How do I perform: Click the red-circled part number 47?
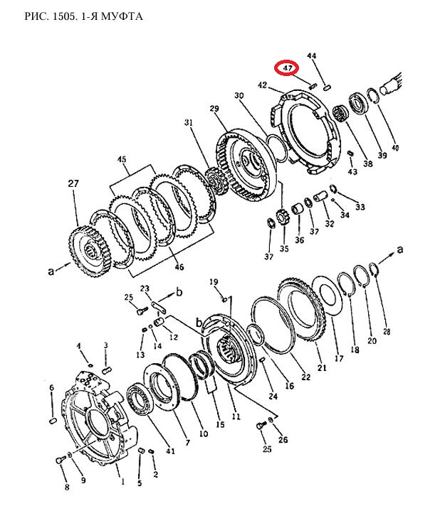click(287, 68)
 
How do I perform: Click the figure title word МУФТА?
click(122, 16)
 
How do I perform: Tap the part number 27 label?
click(73, 183)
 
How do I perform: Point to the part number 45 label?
click(122, 160)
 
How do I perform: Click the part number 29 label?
click(214, 109)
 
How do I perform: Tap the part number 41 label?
click(170, 451)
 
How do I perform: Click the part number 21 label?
click(322, 367)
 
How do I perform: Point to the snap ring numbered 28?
click(374, 269)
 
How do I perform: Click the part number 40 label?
click(394, 148)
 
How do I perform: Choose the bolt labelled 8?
click(60, 460)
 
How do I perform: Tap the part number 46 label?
click(179, 267)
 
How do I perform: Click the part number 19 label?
click(214, 282)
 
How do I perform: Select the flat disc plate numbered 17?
click(325, 296)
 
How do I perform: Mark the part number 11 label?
click(236, 416)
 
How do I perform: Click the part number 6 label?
click(51, 388)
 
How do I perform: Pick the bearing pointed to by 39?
click(357, 102)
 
